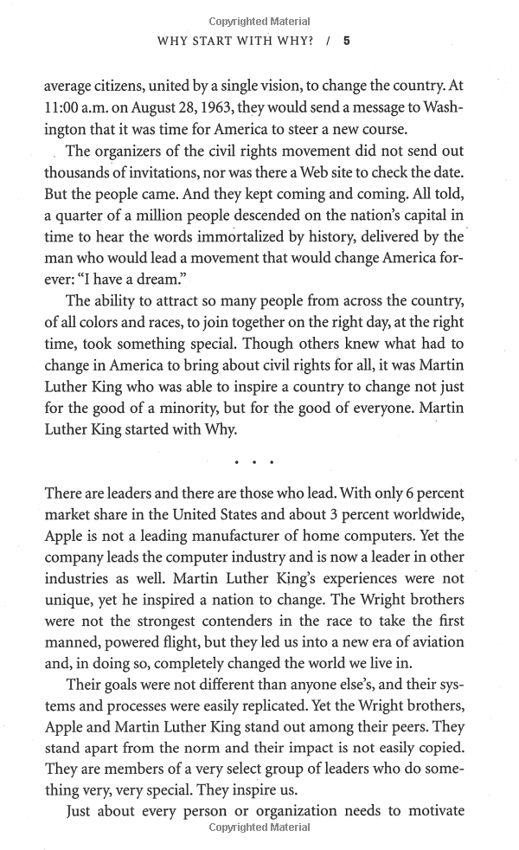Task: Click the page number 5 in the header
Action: point(347,40)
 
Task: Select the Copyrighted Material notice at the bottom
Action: point(259,828)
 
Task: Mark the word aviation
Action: point(432,642)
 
